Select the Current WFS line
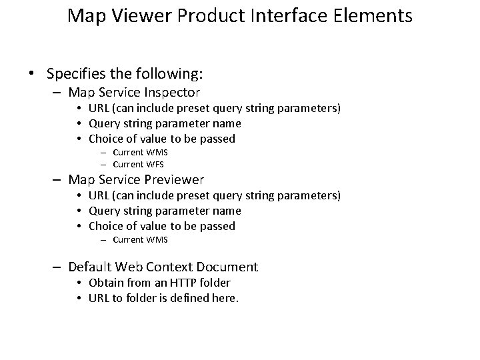pos(139,164)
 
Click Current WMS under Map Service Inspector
pos(140,152)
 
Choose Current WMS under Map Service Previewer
pos(140,239)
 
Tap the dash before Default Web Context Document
pos(59,267)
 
